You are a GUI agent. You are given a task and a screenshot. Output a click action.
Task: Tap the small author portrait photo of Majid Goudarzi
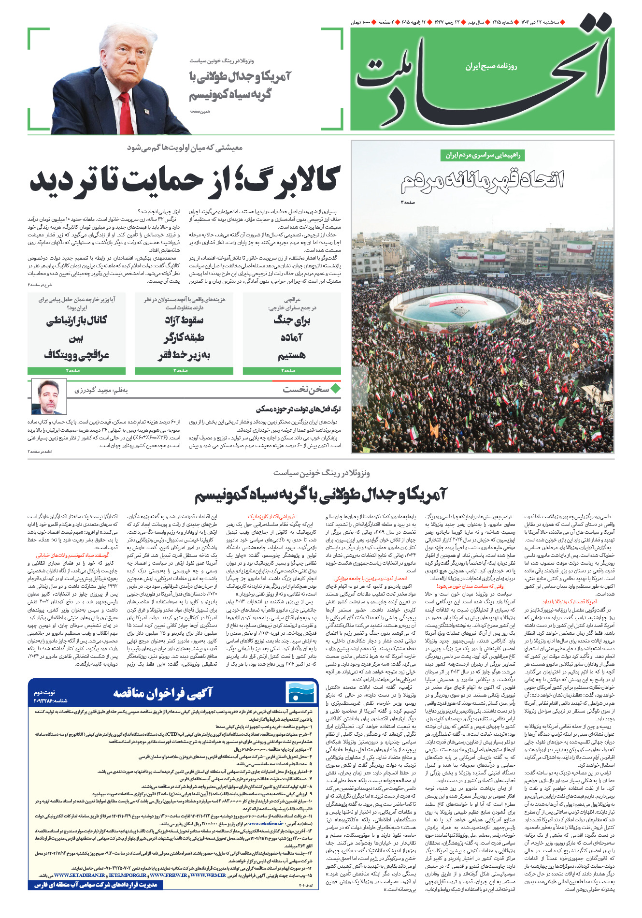point(49,397)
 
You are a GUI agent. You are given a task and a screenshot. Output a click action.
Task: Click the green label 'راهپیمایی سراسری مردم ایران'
point(482,155)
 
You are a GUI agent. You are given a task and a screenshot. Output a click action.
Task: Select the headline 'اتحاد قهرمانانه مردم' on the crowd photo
point(482,180)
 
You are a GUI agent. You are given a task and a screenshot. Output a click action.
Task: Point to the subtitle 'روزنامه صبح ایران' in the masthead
point(491,66)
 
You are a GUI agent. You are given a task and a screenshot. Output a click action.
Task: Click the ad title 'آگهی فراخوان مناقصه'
point(163,693)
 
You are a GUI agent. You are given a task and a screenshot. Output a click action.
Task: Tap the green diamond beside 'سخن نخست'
point(335,388)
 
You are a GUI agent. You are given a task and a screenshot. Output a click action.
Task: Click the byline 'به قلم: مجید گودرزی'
point(101,390)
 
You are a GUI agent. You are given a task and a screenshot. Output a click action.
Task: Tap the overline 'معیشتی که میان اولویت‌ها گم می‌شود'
point(185,148)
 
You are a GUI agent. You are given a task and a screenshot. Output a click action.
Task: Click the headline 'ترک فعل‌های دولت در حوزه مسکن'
point(298,409)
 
